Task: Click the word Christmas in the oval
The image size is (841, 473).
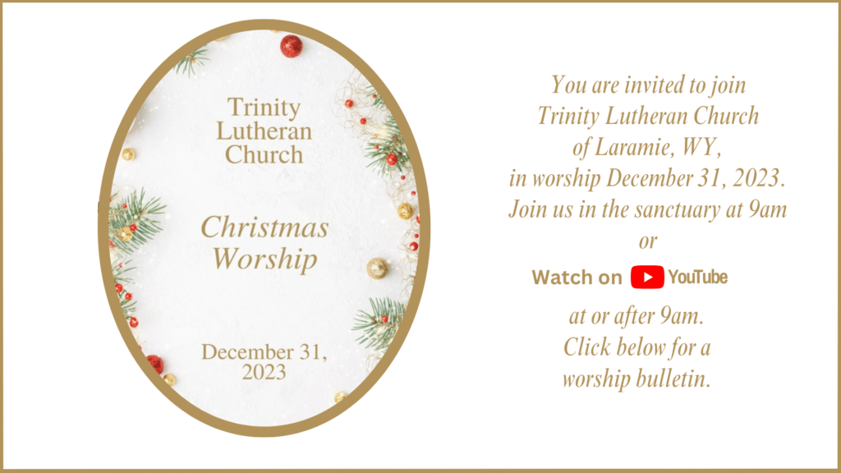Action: click(264, 227)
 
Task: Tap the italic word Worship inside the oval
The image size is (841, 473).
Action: click(265, 259)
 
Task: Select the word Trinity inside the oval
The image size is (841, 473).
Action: click(264, 108)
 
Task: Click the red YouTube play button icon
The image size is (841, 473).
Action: click(647, 277)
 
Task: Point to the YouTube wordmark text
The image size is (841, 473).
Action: click(698, 277)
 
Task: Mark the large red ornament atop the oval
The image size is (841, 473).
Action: click(292, 46)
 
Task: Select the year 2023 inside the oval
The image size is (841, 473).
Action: click(264, 372)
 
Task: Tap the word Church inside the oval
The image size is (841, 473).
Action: click(264, 155)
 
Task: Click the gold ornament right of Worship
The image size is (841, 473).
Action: click(378, 269)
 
